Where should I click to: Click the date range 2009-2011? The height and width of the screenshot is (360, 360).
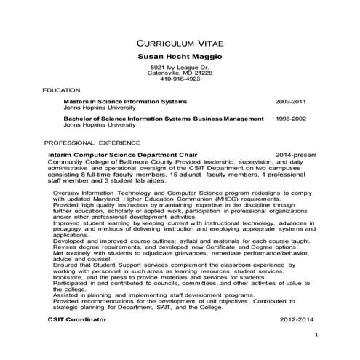[291, 100]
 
